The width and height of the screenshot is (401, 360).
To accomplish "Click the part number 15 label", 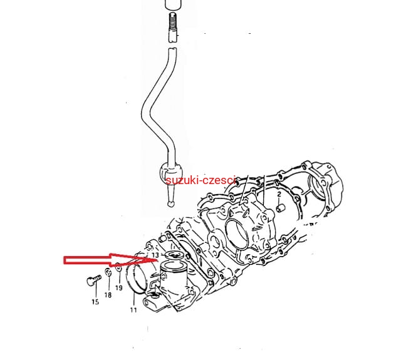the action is pos(95,302).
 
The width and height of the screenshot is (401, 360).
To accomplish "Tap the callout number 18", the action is pos(108,295).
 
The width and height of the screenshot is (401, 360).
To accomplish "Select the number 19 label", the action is pos(119,288).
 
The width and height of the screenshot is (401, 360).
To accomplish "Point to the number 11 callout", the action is pos(133,310).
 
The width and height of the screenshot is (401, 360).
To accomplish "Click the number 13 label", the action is pos(155,255).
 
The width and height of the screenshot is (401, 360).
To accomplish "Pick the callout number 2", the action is pos(279,194).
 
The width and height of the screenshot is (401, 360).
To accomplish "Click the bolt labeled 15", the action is pos(94,280).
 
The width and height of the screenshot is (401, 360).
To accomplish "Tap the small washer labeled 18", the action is pos(108,272).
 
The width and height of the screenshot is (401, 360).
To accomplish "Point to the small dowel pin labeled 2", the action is pos(279,208).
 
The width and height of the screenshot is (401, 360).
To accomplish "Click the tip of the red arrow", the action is pos(157,260).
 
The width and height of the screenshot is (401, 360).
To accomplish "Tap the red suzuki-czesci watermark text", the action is pos(200,180).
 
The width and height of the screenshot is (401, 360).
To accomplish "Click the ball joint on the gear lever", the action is pos(171,172).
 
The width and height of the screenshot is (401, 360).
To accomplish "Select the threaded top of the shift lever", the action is pos(173,22).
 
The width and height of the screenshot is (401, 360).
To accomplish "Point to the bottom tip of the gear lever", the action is pos(171,204).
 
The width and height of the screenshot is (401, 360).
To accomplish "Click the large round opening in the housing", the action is pos(237,234).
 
